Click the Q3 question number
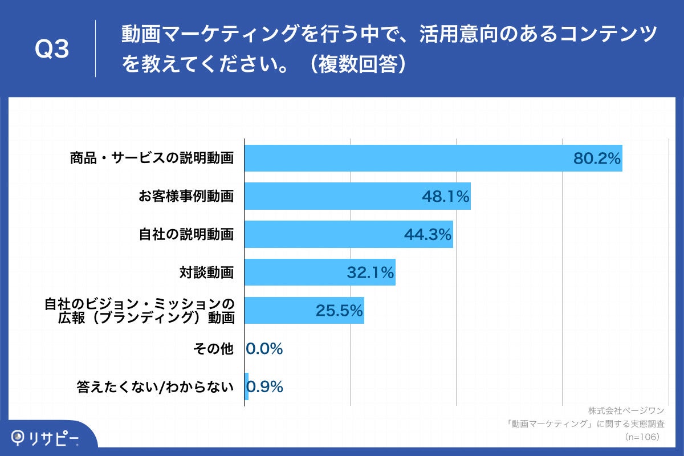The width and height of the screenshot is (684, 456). point(52,50)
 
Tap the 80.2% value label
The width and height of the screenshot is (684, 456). point(597,159)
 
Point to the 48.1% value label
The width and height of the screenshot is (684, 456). point(445,197)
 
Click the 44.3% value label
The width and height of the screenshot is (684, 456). point(427,234)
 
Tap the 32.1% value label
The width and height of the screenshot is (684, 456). point(370,273)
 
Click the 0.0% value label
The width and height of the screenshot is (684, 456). point(264,349)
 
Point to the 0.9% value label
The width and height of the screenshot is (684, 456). point(265,387)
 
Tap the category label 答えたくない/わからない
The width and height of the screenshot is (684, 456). point(156,387)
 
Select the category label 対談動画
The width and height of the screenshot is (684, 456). point(206,272)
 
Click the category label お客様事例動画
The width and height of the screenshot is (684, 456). point(186,197)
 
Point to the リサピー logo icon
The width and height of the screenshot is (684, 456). point(19,437)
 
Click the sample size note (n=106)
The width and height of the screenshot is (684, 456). point(642,437)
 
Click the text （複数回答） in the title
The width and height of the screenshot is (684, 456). point(359,64)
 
